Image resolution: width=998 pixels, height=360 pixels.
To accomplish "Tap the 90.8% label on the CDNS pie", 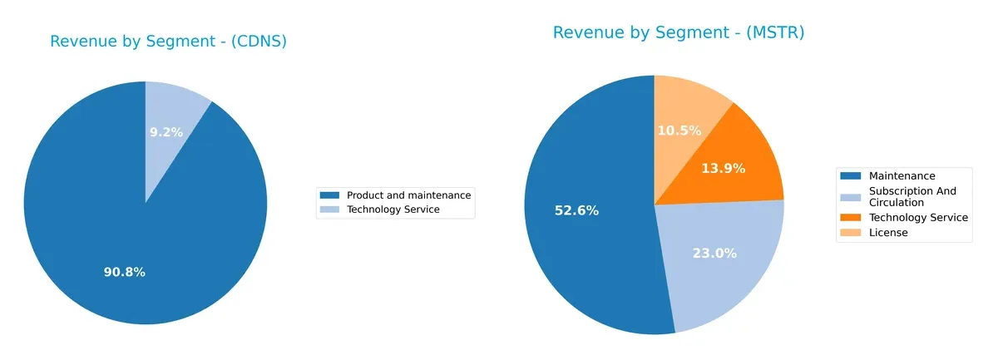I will [x=124, y=272].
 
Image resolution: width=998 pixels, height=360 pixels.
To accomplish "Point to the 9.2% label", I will [x=166, y=131].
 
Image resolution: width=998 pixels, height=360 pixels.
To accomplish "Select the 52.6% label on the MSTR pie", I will [x=576, y=210].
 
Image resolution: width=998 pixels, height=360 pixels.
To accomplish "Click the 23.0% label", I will [x=714, y=254].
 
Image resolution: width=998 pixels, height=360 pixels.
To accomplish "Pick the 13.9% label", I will [x=723, y=168].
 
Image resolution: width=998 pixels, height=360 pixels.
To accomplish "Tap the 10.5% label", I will [x=679, y=131].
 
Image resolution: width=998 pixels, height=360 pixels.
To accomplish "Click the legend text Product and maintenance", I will [x=408, y=195].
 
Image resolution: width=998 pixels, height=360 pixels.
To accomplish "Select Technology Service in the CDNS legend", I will [x=393, y=210].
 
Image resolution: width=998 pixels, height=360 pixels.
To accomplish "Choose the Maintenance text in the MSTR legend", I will [x=902, y=176].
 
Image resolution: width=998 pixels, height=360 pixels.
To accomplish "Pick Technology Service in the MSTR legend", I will [x=918, y=218].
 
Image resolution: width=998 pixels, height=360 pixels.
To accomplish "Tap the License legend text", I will [x=887, y=233].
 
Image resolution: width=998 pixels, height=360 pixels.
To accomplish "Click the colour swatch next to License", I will [x=851, y=233].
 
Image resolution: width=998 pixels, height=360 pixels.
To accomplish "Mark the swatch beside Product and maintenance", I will [x=329, y=195].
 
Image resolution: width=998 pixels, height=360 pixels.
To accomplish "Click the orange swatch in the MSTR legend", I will [x=851, y=218].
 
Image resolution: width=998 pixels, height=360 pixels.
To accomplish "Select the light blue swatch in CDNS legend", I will [x=329, y=210].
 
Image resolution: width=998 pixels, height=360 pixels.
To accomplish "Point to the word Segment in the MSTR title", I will [x=676, y=32].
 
